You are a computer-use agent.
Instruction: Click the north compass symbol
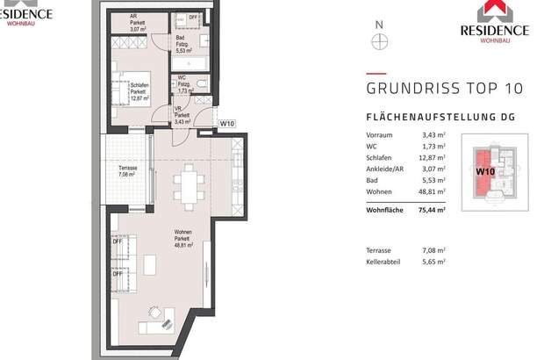click(379, 40)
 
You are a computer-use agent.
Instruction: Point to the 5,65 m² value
click(433, 262)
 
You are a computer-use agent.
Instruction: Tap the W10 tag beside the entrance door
click(226, 124)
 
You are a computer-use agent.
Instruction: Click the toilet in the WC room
click(201, 84)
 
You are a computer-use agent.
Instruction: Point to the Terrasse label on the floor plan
click(129, 169)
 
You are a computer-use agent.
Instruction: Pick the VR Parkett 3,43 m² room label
click(182, 115)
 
